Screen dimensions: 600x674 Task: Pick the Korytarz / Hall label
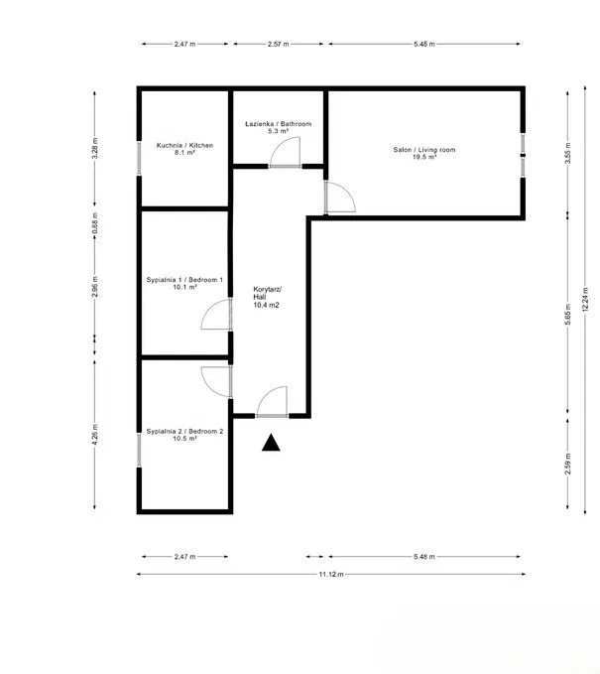(267, 297)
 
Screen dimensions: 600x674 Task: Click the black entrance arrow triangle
(271, 443)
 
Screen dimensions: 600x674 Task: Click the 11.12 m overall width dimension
(330, 574)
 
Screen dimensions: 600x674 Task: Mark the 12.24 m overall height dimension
(585, 301)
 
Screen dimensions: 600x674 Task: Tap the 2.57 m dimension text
(279, 44)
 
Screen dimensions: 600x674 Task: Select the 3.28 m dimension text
(95, 148)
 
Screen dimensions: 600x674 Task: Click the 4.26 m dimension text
(95, 434)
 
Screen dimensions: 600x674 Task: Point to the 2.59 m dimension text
(568, 464)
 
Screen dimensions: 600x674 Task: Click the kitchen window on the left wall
(139, 158)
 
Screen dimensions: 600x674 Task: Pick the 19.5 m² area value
(424, 157)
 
